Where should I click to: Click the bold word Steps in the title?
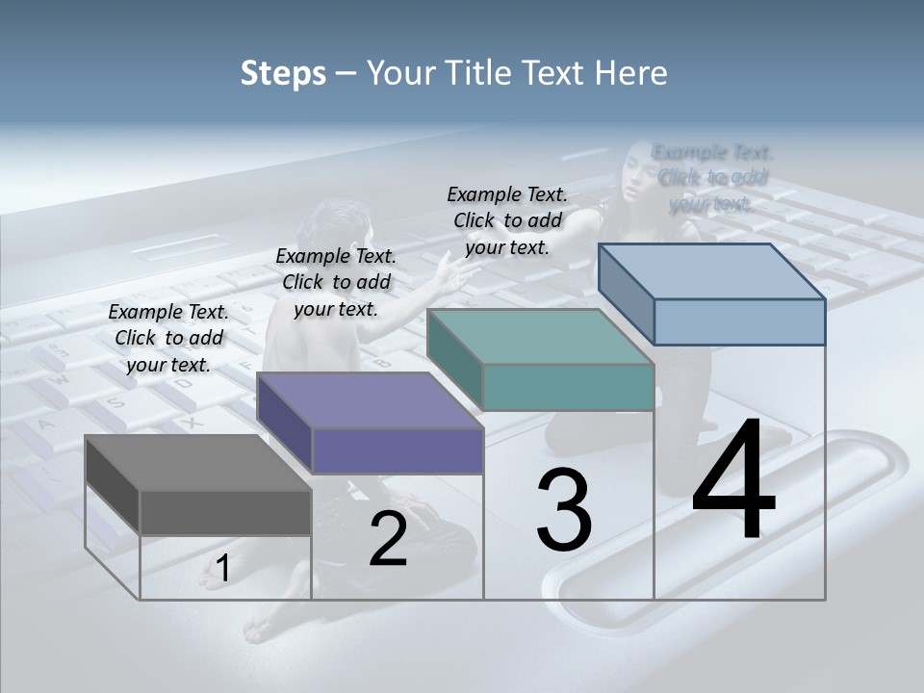(x=283, y=73)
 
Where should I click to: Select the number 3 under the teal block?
(x=564, y=511)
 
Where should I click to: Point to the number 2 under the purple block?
(x=388, y=539)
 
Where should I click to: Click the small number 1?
(x=222, y=569)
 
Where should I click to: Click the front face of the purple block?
(x=398, y=450)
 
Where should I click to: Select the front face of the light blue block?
(x=739, y=321)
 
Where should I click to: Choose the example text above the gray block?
(x=169, y=338)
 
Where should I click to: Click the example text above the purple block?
(x=336, y=282)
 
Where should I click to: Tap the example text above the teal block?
(x=507, y=220)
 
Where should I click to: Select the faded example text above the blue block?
(x=711, y=177)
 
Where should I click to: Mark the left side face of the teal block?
(x=454, y=358)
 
